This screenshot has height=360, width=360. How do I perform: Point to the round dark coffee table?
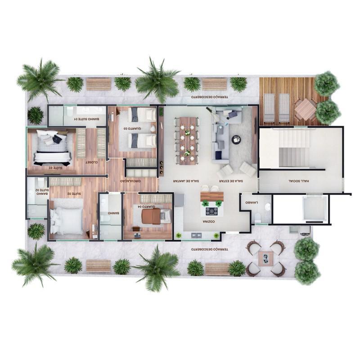click(236, 139)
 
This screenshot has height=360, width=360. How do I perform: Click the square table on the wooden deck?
click(306, 108)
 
